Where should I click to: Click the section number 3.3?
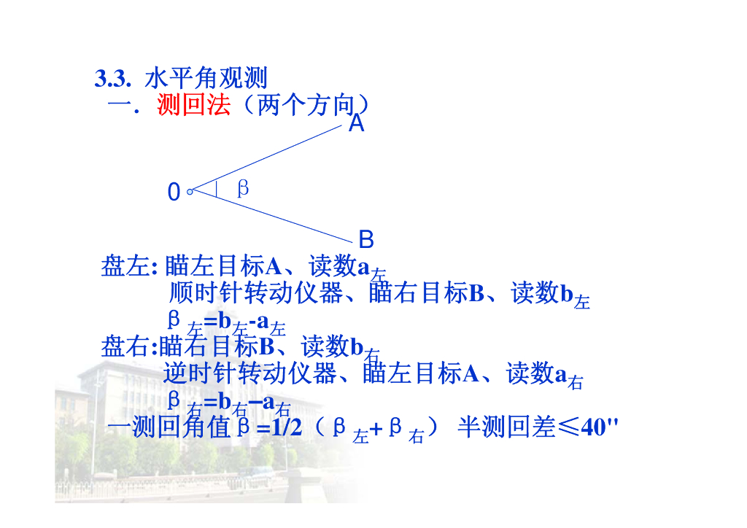click(112, 79)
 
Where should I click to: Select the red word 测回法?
click(193, 106)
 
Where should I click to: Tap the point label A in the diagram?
click(356, 124)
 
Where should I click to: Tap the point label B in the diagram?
click(366, 238)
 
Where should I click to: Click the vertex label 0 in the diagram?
click(174, 193)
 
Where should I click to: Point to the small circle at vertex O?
click(190, 192)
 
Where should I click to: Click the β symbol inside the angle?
click(243, 189)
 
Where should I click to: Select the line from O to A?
click(266, 158)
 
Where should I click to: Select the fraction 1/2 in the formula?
click(286, 428)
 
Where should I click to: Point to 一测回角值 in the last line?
click(169, 428)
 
